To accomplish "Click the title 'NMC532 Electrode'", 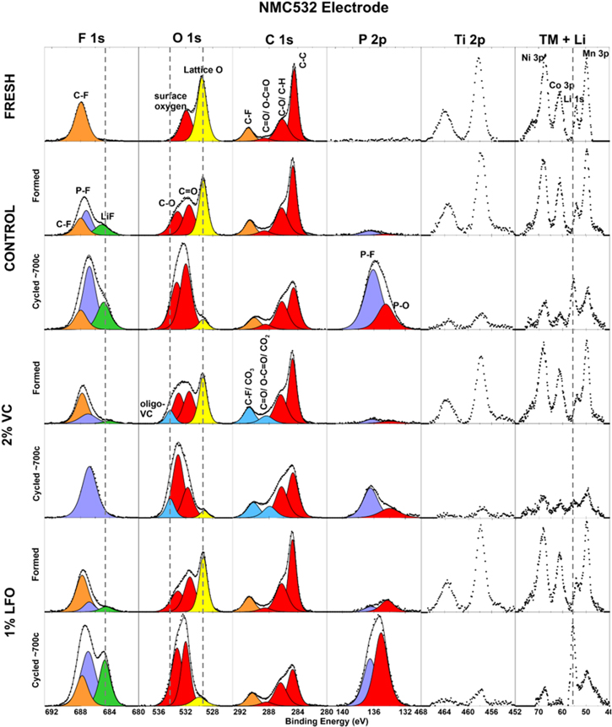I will coord(305,9).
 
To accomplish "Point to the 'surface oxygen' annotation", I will coord(170,100).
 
